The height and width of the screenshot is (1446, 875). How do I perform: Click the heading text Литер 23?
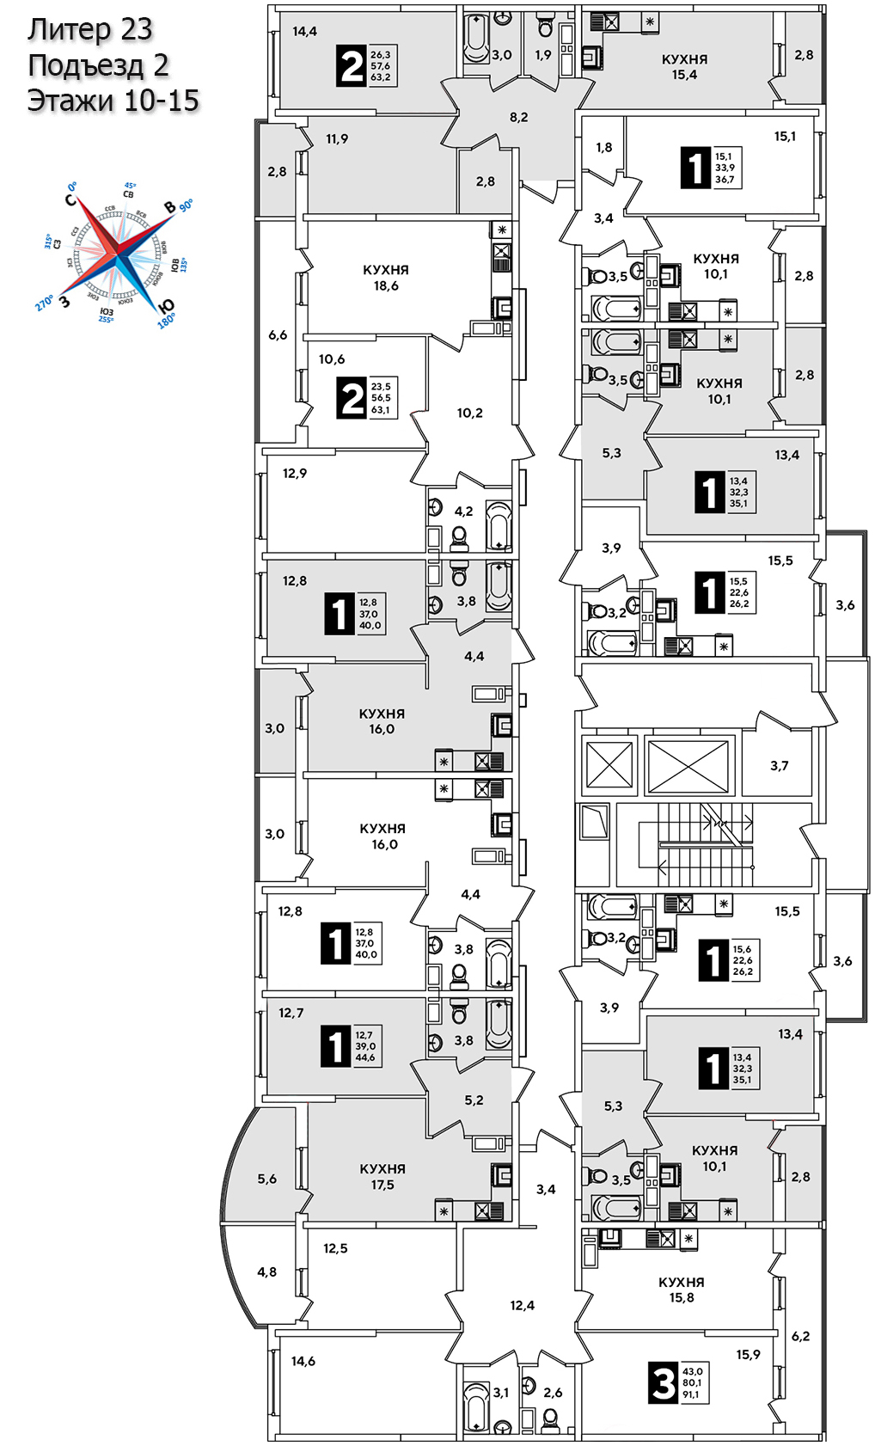[x=89, y=29]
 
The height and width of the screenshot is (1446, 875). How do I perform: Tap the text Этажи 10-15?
[x=113, y=101]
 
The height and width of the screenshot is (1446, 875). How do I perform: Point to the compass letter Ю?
[x=166, y=307]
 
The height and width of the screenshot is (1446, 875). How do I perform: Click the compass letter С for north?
[x=70, y=199]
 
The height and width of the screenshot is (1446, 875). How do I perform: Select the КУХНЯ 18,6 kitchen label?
[x=385, y=278]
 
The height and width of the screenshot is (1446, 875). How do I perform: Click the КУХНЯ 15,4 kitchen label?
[x=684, y=67]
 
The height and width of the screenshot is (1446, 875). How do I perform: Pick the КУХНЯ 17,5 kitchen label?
[x=382, y=1177]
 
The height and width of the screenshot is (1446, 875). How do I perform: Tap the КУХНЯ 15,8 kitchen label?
[x=681, y=1290]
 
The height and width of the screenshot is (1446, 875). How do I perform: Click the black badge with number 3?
[x=663, y=1383]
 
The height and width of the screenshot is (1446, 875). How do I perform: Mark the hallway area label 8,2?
[x=518, y=117]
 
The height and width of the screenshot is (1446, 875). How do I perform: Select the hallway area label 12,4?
[x=522, y=1305]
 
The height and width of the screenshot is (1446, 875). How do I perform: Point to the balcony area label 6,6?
[x=278, y=335]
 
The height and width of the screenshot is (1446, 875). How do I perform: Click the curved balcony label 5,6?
[x=266, y=1179]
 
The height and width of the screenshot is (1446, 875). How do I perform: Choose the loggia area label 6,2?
[x=800, y=1336]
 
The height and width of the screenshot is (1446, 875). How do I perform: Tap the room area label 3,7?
[x=779, y=765]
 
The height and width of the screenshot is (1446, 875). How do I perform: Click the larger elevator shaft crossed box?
[x=688, y=764]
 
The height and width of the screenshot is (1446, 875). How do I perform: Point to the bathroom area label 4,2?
[x=463, y=512]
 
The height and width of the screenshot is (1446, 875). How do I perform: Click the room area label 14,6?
[x=303, y=1361]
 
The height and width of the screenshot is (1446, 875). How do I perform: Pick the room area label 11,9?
[x=337, y=138]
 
